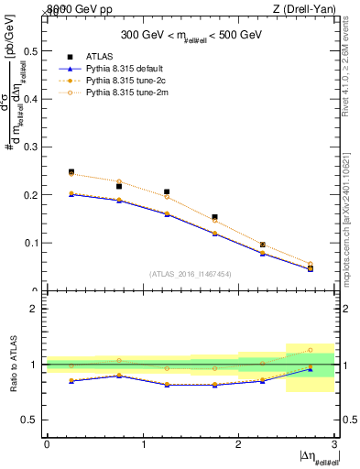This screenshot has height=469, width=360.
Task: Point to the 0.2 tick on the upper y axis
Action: pyautogui.click(x=34, y=195)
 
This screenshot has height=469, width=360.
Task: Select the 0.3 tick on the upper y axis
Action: pyautogui.click(x=34, y=147)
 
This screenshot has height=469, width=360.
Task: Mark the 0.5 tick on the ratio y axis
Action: pyautogui.click(x=34, y=420)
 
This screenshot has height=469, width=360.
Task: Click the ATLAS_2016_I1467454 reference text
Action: pyautogui.click(x=190, y=274)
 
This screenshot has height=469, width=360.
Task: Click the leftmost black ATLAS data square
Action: pyautogui.click(x=71, y=172)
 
